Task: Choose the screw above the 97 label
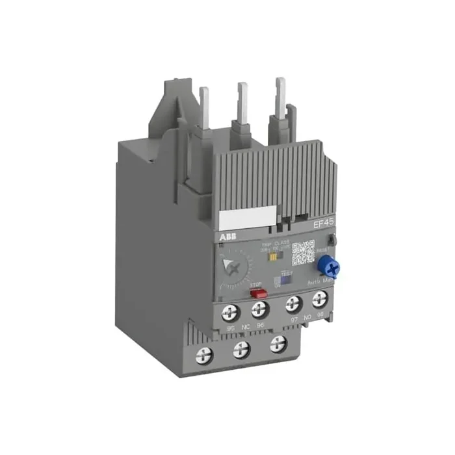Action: (293, 304)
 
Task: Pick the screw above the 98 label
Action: (318, 299)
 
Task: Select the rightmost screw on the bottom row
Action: (278, 343)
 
